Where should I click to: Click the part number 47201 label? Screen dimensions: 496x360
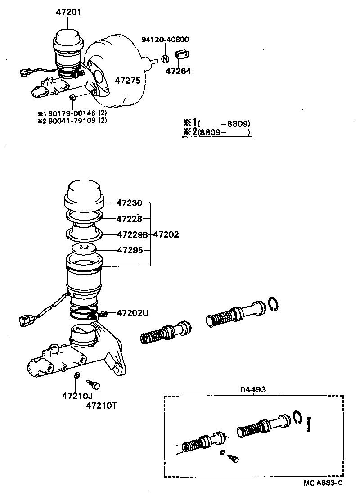click(x=69, y=12)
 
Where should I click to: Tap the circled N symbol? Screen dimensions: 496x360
click(x=165, y=59)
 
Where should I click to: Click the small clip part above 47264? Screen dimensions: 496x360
click(x=182, y=54)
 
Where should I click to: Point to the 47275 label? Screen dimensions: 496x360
click(x=128, y=81)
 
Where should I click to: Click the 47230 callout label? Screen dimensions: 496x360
click(x=129, y=203)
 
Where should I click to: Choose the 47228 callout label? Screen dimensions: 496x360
click(x=129, y=219)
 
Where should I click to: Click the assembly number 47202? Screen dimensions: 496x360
click(x=166, y=234)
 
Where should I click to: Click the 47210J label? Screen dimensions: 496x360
click(x=77, y=396)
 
